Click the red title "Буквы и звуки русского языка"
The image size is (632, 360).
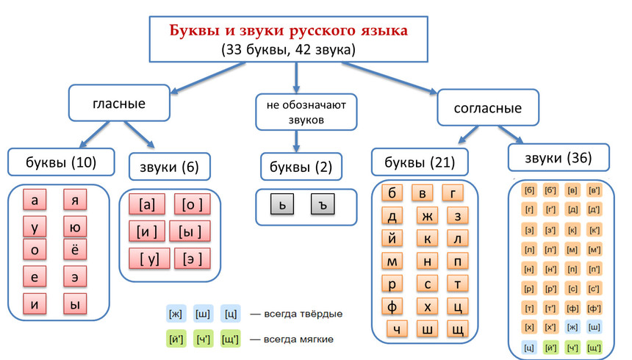pyautogui.click(x=288, y=31)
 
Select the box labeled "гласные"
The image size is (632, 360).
pyautogui.click(x=119, y=103)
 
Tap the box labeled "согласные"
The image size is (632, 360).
pyautogui.click(x=488, y=108)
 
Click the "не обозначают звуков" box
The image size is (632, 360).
pyautogui.click(x=306, y=112)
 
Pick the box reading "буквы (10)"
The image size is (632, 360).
pyautogui.click(x=61, y=162)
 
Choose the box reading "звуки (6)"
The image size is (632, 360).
pyautogui.click(x=169, y=167)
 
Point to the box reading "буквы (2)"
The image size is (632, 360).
pyautogui.click(x=301, y=167)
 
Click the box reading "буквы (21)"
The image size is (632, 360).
pyautogui.click(x=420, y=162)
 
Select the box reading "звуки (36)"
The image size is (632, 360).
pyautogui.click(x=559, y=158)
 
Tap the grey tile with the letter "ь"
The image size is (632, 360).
pyautogui.click(x=282, y=204)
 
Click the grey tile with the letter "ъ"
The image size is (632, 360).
pyautogui.click(x=323, y=204)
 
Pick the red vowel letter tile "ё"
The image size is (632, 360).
pyautogui.click(x=75, y=250)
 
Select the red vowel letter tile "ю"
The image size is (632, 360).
pyautogui.click(x=75, y=227)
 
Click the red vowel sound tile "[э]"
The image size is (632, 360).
pyautogui.click(x=192, y=259)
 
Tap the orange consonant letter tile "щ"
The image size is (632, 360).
pyautogui.click(x=458, y=329)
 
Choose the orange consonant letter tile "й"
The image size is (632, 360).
pyautogui.click(x=392, y=238)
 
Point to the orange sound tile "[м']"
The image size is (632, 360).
pyautogui.click(x=594, y=250)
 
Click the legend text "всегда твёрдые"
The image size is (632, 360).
pyautogui.click(x=303, y=314)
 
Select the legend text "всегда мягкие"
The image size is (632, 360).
pyautogui.click(x=298, y=339)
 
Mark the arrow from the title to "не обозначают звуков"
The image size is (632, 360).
pyautogui.click(x=296, y=77)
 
